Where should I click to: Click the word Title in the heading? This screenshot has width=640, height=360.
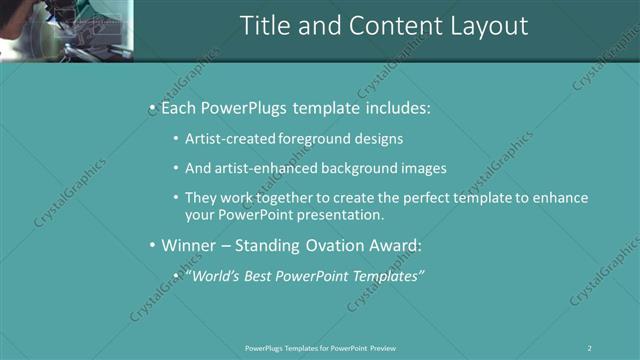(264, 26)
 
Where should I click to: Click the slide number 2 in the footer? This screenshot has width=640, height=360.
(590, 347)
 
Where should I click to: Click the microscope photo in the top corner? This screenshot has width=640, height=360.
(66, 30)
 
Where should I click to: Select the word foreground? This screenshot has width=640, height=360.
(310, 139)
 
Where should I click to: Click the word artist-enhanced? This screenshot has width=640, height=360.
(265, 169)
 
